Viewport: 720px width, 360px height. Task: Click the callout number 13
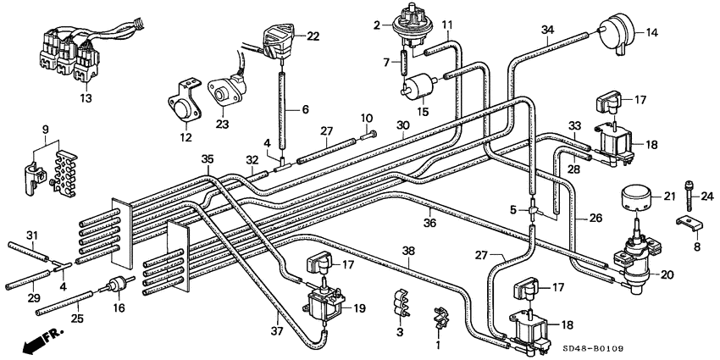coord(84,98)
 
